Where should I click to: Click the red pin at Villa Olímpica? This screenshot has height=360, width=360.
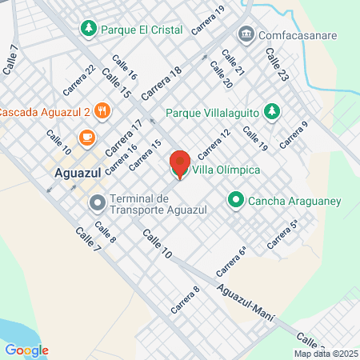tap(179, 164)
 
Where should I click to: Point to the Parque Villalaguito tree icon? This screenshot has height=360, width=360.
tap(272, 111)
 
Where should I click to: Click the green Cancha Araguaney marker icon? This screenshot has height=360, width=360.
tap(236, 200)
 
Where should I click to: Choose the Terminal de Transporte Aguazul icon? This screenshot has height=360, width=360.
tap(98, 203)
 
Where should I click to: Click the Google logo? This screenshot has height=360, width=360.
tap(26, 350)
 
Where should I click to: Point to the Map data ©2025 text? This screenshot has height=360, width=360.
tap(326, 354)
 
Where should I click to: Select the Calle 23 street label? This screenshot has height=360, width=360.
tap(277, 65)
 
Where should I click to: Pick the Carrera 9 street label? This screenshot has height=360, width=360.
tap(294, 136)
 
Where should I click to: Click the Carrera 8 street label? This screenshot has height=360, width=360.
tap(185, 299)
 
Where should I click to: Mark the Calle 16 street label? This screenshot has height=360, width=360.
tap(125, 68)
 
